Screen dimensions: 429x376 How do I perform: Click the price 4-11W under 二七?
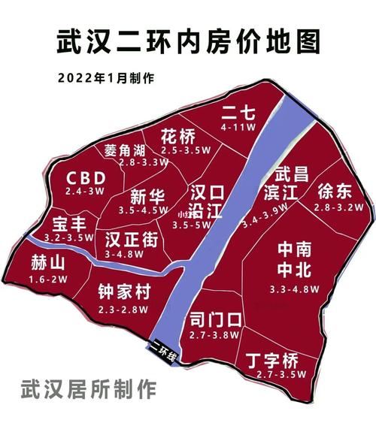pyautogui.click(x=237, y=128)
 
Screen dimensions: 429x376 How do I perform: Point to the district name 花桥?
pyautogui.click(x=178, y=137)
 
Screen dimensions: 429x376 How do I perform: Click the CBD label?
pyautogui.click(x=86, y=178)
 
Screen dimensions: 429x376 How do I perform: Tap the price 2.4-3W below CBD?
pyautogui.click(x=85, y=192)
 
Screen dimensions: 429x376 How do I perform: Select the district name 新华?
pyautogui.click(x=147, y=197)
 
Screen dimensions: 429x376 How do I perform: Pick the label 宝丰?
pyautogui.click(x=69, y=224)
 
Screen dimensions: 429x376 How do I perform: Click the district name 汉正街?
pyautogui.click(x=132, y=240)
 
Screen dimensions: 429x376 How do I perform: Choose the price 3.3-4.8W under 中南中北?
pyautogui.click(x=294, y=288)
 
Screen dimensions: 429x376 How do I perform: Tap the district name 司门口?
pyautogui.click(x=216, y=320)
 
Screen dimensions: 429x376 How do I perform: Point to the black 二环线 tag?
pyautogui.click(x=162, y=352)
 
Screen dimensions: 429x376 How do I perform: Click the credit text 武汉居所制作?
pyautogui.click(x=88, y=390)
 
